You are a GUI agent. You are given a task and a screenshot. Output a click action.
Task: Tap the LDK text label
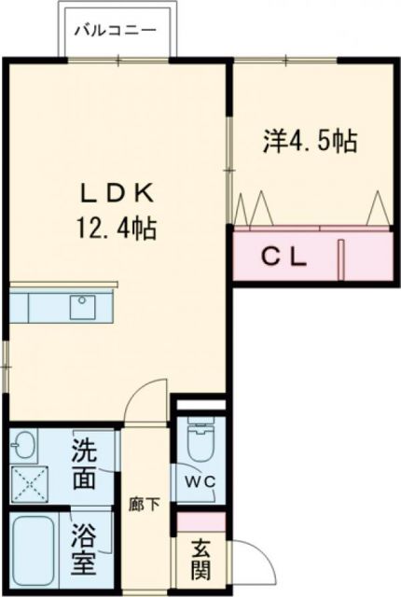(118, 194)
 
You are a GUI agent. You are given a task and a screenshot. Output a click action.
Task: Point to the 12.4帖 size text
(118, 227)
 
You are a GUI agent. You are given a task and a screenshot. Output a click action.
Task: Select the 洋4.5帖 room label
(309, 143)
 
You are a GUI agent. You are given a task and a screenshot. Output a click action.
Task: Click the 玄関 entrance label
(201, 558)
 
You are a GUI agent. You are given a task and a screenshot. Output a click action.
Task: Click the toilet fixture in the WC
(200, 439)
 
